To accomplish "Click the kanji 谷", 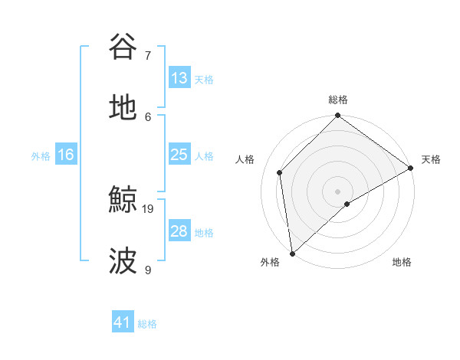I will click(123, 47).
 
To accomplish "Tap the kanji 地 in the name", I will click(123, 108).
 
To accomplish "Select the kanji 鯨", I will click(123, 201).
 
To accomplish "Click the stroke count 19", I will click(149, 208).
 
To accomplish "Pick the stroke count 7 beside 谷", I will click(148, 55).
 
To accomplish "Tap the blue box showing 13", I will click(179, 78).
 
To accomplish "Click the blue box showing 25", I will click(179, 155).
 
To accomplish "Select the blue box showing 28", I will click(179, 231).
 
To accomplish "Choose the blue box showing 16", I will click(66, 155).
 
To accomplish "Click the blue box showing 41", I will click(123, 322).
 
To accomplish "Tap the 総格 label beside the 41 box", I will click(147, 324).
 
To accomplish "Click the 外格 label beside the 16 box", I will click(41, 156).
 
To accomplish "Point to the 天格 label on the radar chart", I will click(431, 159).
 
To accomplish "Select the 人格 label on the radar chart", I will click(245, 159).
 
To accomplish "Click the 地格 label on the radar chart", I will click(402, 263).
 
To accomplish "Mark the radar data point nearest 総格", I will click(337, 116).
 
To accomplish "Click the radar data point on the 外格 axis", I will click(292, 254).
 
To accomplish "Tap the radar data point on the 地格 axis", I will click(347, 204).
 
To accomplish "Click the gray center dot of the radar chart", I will click(337, 191).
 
